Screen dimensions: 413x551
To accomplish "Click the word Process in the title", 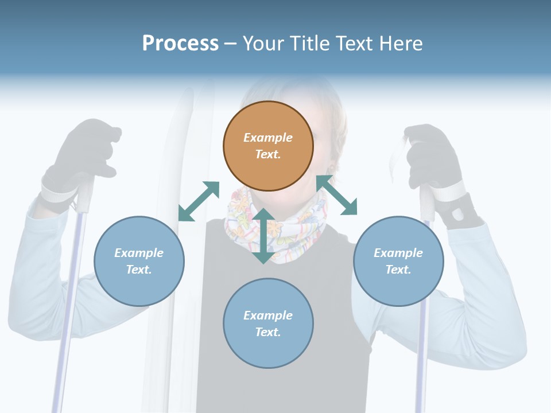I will click(180, 44).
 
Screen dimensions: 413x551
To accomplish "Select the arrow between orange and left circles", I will click(199, 201).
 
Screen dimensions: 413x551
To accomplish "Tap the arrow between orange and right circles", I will click(337, 196).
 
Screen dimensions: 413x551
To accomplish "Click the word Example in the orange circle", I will click(268, 138).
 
